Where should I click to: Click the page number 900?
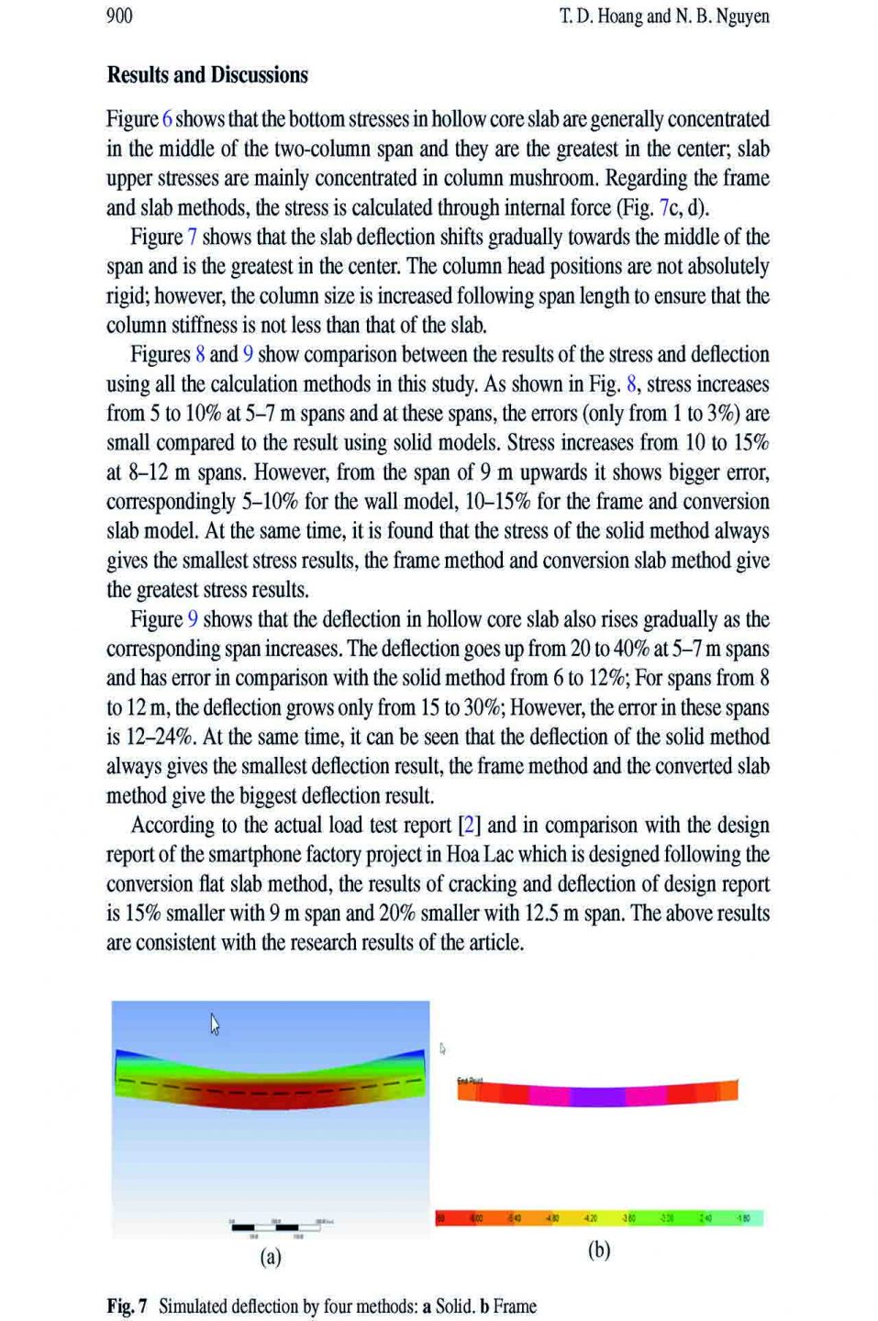(119, 16)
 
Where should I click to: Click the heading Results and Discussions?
(207, 75)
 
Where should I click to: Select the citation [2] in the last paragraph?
(469, 825)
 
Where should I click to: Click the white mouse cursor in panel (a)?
(215, 1024)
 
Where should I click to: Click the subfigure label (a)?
(270, 1257)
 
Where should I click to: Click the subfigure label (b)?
(599, 1250)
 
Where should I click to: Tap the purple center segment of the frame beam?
(597, 1094)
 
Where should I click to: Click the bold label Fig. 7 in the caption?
(127, 1306)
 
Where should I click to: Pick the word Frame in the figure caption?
(515, 1306)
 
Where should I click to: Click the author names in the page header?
(664, 16)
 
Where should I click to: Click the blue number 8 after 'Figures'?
(199, 355)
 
